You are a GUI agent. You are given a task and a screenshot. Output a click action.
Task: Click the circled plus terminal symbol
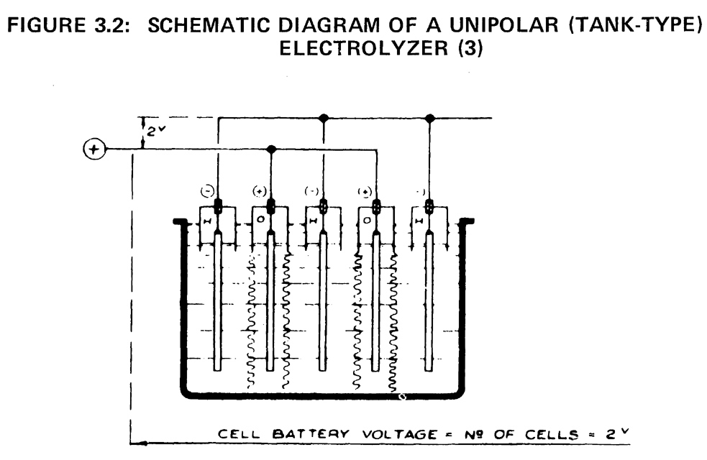tap(94, 150)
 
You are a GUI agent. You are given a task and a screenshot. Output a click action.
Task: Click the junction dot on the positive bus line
tap(270, 149)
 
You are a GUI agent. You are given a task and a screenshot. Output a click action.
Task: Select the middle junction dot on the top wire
tap(323, 118)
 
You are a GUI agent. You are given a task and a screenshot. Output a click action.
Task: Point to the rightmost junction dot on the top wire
tap(429, 118)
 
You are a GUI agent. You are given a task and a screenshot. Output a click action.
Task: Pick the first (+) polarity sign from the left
tap(260, 191)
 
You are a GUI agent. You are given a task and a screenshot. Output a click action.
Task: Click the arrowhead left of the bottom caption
tap(141, 443)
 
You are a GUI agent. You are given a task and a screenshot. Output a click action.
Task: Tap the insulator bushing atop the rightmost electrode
tap(429, 206)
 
